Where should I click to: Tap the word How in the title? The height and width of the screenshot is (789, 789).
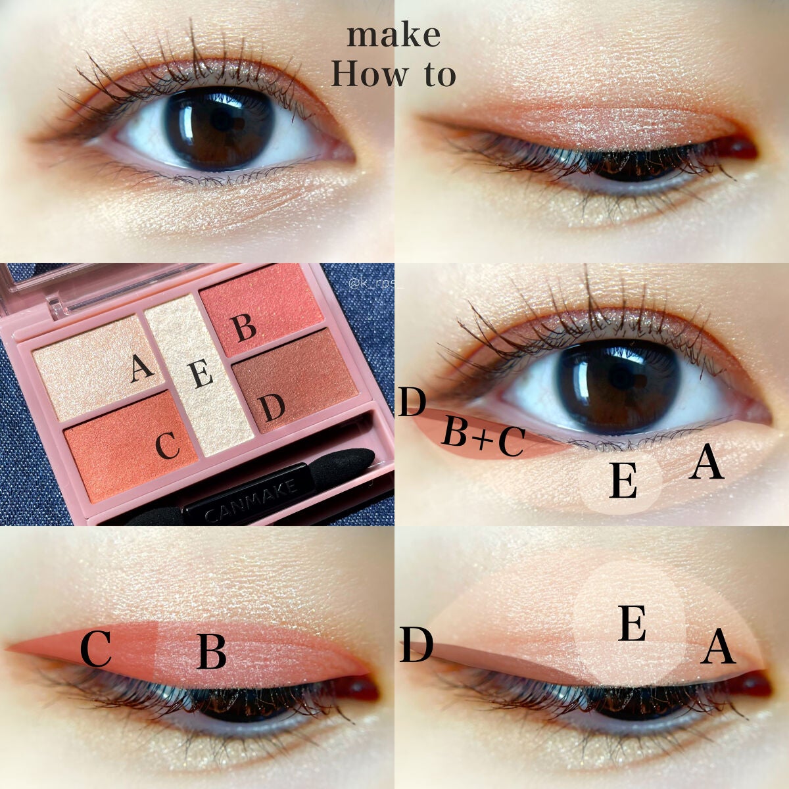pyautogui.click(x=370, y=74)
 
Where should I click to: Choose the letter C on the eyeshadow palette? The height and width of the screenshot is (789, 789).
pyautogui.click(x=168, y=446)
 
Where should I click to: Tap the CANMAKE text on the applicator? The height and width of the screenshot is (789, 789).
pyautogui.click(x=251, y=501)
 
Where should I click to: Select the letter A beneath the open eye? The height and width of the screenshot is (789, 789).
pyautogui.click(x=706, y=463)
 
